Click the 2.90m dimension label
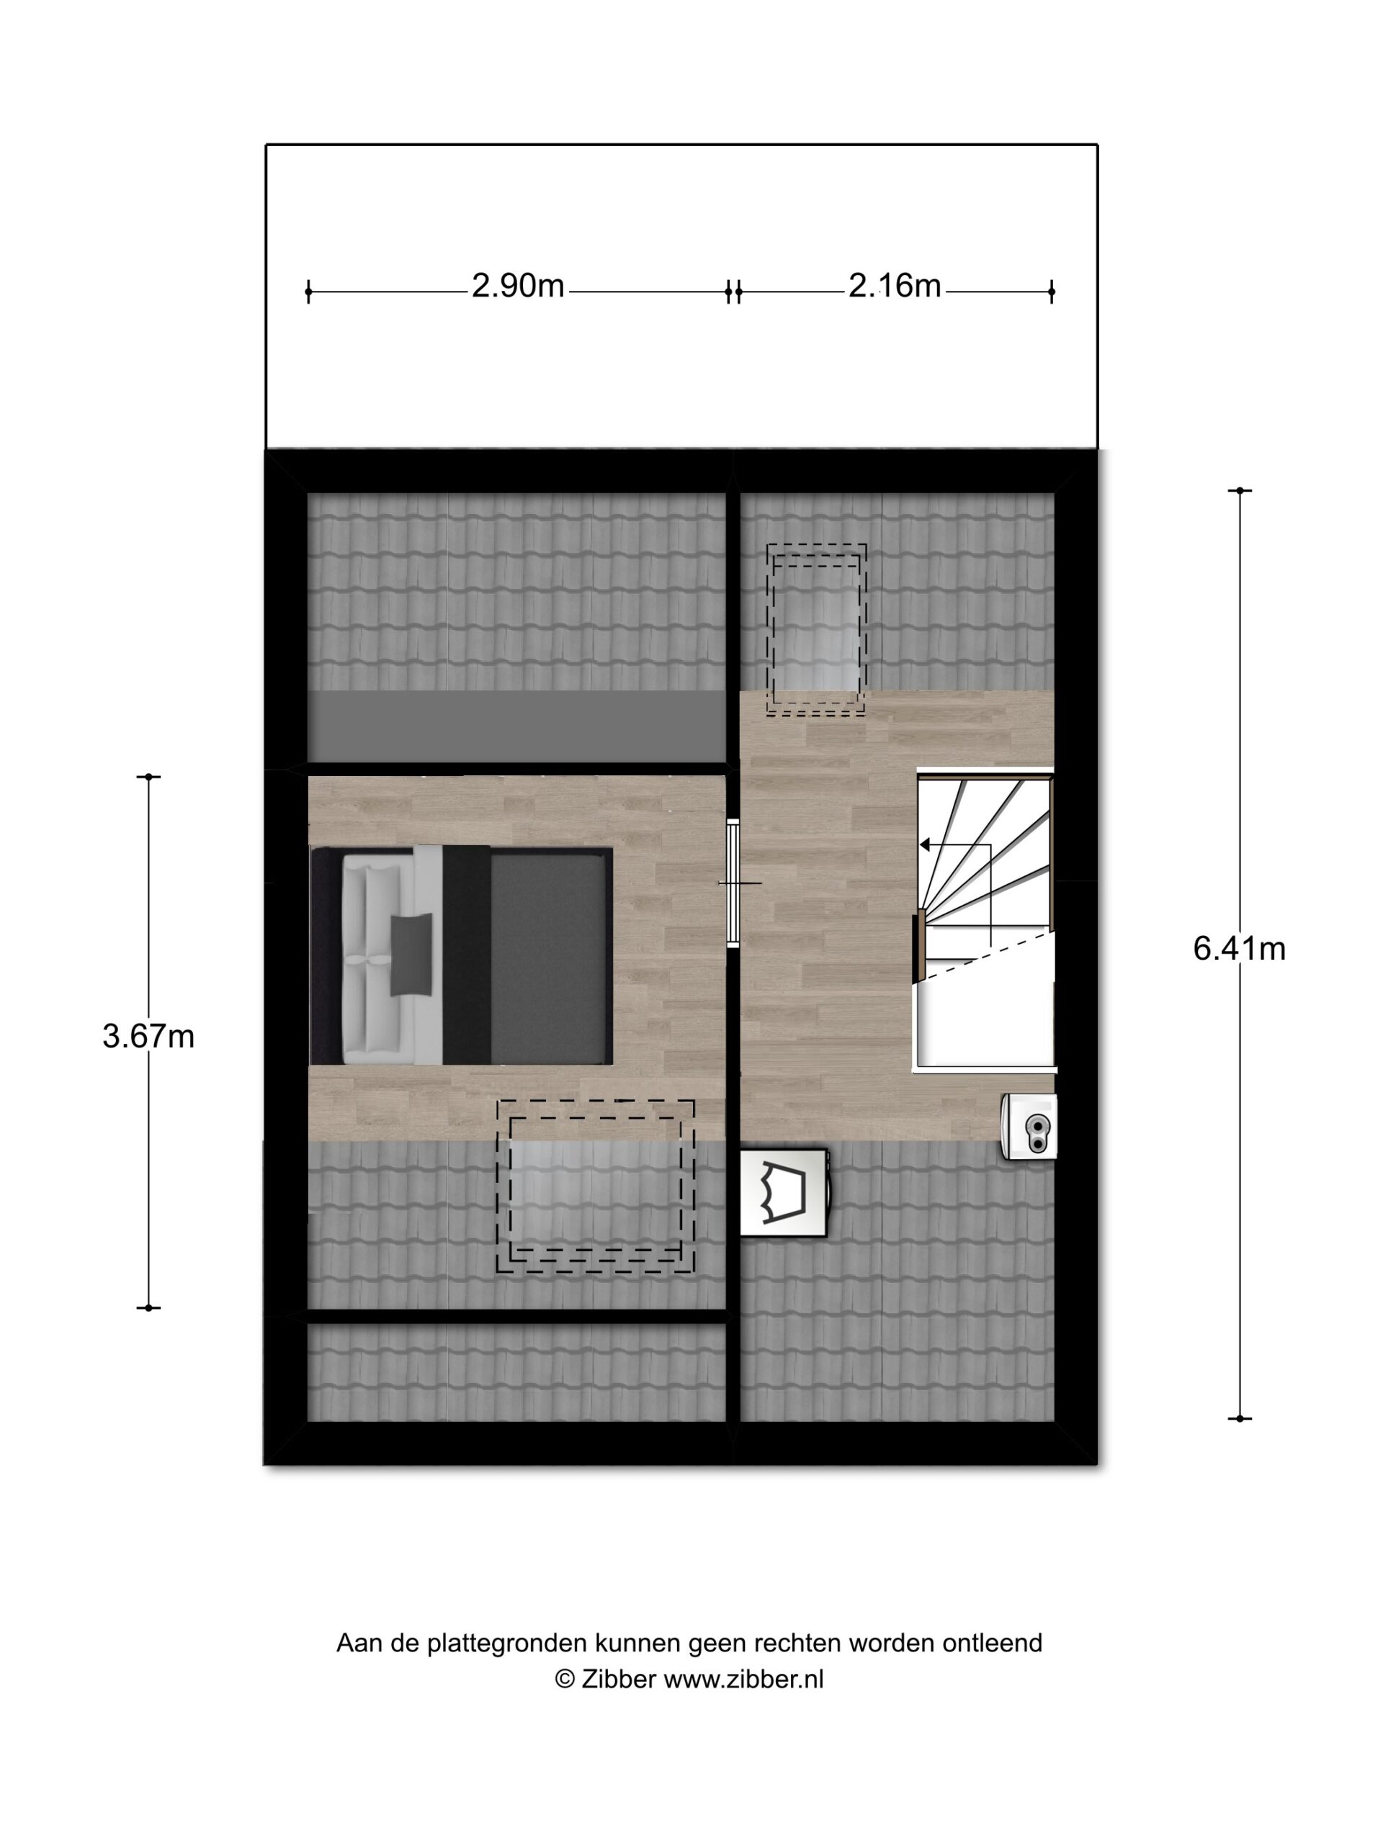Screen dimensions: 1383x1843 point(518,287)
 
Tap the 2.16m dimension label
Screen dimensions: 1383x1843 point(895,287)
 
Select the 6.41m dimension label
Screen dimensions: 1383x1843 point(1239,948)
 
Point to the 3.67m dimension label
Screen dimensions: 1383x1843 point(148,1037)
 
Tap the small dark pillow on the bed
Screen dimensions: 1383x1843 point(411,955)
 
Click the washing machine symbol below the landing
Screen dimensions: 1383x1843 point(784,1192)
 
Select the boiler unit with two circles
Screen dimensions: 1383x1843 point(1030,1126)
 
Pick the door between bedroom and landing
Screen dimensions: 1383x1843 point(733,883)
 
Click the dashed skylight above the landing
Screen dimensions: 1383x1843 point(816,630)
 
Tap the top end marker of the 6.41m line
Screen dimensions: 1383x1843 point(1240,491)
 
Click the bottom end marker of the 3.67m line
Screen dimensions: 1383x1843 point(148,1307)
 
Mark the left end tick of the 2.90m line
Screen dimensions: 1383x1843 point(308,292)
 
